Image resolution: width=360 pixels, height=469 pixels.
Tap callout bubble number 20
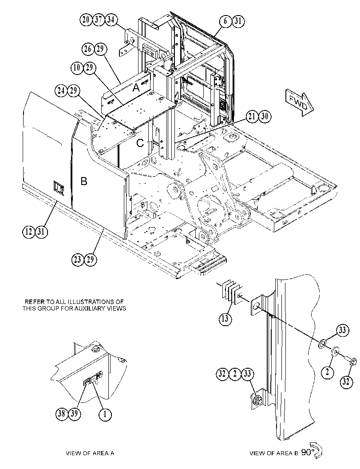coord(86,20)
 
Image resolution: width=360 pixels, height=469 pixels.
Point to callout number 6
coord(225,21)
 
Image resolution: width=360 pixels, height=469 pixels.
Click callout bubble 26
coord(88,49)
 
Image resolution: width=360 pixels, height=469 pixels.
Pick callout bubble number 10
coord(77,67)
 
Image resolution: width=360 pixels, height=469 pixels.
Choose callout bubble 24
coord(61,91)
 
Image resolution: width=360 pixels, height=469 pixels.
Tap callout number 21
coord(253,116)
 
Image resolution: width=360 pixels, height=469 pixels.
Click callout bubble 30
coord(265,116)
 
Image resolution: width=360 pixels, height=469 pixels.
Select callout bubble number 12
coord(29,232)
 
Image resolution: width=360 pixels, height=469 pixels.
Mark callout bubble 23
coord(78,259)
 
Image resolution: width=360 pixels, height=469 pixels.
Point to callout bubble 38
coord(62,414)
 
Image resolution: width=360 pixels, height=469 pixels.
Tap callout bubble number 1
coord(105,414)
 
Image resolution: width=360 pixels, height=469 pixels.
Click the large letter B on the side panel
coord(84,181)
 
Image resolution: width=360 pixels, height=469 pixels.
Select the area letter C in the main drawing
coord(140,143)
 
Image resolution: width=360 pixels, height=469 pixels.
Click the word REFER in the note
coord(35,302)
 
